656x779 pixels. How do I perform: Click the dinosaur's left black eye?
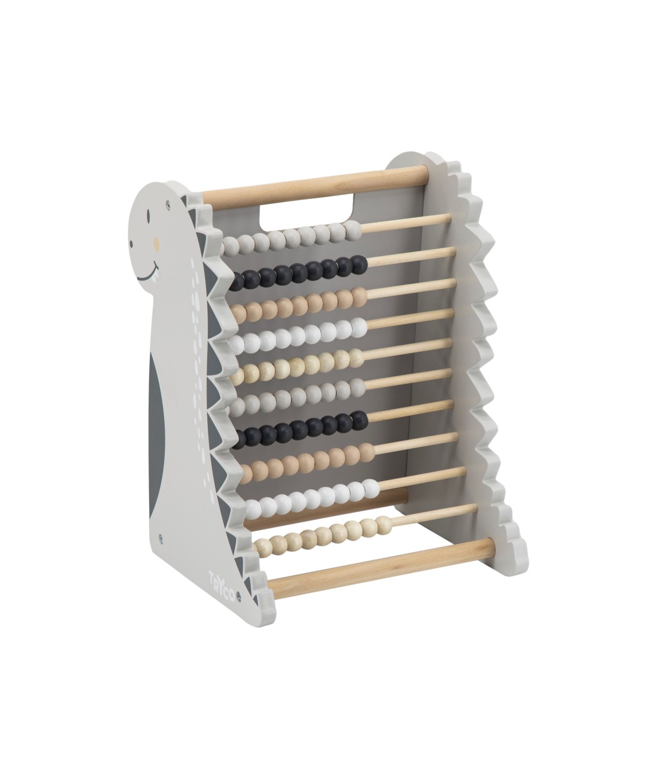pyautogui.click(x=149, y=214)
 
